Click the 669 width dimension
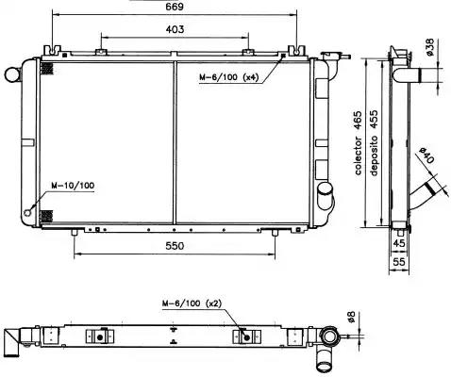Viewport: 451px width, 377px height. [175, 7]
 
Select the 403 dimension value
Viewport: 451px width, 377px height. [175, 29]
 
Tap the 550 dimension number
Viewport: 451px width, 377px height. [175, 246]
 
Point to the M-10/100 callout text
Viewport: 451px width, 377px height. [73, 186]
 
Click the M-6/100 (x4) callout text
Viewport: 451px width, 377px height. [228, 77]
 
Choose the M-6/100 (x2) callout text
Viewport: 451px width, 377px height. [192, 303]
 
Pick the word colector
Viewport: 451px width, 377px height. [358, 156]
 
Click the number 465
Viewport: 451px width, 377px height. [358, 121]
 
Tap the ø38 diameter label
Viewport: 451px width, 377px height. [430, 47]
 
